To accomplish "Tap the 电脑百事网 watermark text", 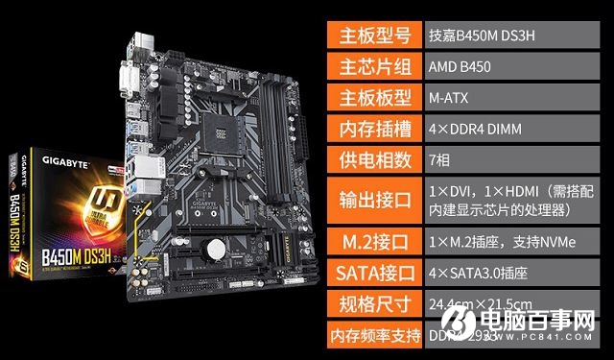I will (x=555, y=324).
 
